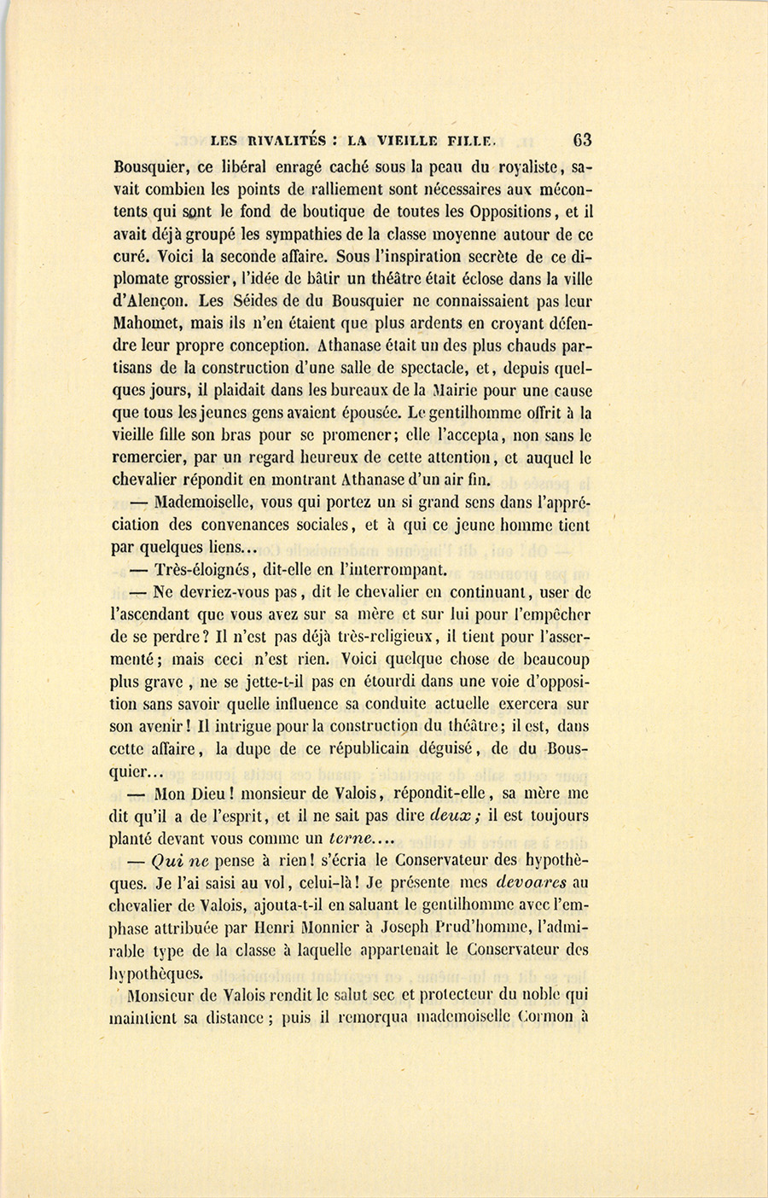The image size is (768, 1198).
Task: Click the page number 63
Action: [x=584, y=141]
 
